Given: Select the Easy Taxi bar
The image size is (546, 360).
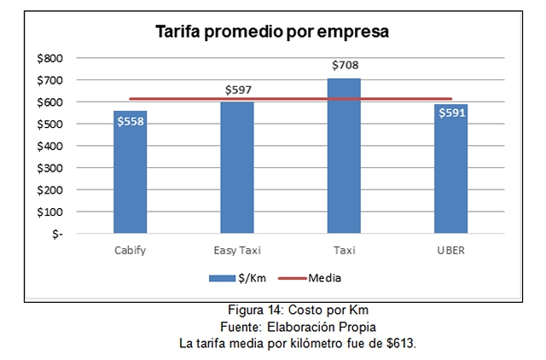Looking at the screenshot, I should click(x=237, y=171).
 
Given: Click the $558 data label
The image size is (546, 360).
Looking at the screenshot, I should click(x=131, y=121).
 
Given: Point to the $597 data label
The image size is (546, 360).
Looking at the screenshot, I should click(x=238, y=89).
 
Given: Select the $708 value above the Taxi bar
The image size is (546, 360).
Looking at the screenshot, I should click(x=345, y=65).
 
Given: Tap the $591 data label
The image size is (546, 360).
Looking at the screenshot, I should click(x=450, y=113).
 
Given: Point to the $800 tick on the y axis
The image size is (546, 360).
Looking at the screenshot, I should click(x=49, y=58).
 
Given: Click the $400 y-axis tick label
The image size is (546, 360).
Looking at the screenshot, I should click(x=49, y=146).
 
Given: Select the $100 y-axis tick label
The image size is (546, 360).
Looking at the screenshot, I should click(x=49, y=212).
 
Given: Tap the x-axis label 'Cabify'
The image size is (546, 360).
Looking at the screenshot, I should click(x=131, y=250).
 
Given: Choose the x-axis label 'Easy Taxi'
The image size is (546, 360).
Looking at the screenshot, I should click(x=237, y=250).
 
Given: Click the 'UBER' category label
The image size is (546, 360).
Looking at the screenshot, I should click(x=450, y=250).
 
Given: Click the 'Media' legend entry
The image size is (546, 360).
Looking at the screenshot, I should click(x=324, y=278).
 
